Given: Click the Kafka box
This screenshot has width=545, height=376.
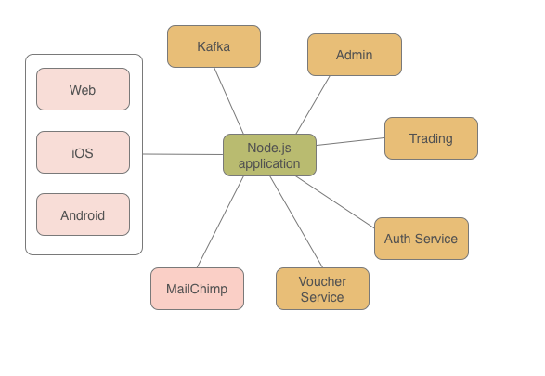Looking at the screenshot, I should pyautogui.click(x=214, y=46).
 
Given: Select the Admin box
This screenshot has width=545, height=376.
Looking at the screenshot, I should pyautogui.click(x=354, y=55).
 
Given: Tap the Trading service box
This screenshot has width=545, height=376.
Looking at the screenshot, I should pyautogui.click(x=431, y=138).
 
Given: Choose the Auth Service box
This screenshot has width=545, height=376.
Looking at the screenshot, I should pyautogui.click(x=421, y=239).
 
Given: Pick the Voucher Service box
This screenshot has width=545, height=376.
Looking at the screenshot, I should pyautogui.click(x=322, y=289).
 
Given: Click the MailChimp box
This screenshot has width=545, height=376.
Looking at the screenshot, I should pyautogui.click(x=197, y=289).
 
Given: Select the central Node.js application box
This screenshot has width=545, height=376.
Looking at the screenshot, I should pyautogui.click(x=269, y=155).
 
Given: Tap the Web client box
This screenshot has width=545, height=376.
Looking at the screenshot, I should pyautogui.click(x=83, y=90).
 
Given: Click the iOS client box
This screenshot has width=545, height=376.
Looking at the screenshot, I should pyautogui.click(x=83, y=153).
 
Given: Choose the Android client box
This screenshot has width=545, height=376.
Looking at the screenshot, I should pyautogui.click(x=83, y=215).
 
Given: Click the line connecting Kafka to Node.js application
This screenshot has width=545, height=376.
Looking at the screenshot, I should pyautogui.click(x=229, y=101).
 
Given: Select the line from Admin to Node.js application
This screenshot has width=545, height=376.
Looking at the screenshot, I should pyautogui.click(x=313, y=105).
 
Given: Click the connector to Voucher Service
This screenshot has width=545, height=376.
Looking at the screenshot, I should pyautogui.click(x=297, y=223).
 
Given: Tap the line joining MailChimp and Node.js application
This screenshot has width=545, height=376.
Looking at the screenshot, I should pyautogui.click(x=220, y=222).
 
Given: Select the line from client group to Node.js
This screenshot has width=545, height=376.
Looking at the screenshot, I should pyautogui.click(x=183, y=155).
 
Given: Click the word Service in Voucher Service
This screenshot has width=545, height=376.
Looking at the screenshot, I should pyautogui.click(x=322, y=297).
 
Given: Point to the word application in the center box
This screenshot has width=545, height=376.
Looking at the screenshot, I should pyautogui.click(x=269, y=163).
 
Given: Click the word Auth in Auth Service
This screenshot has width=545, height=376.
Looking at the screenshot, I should pyautogui.click(x=397, y=239).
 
